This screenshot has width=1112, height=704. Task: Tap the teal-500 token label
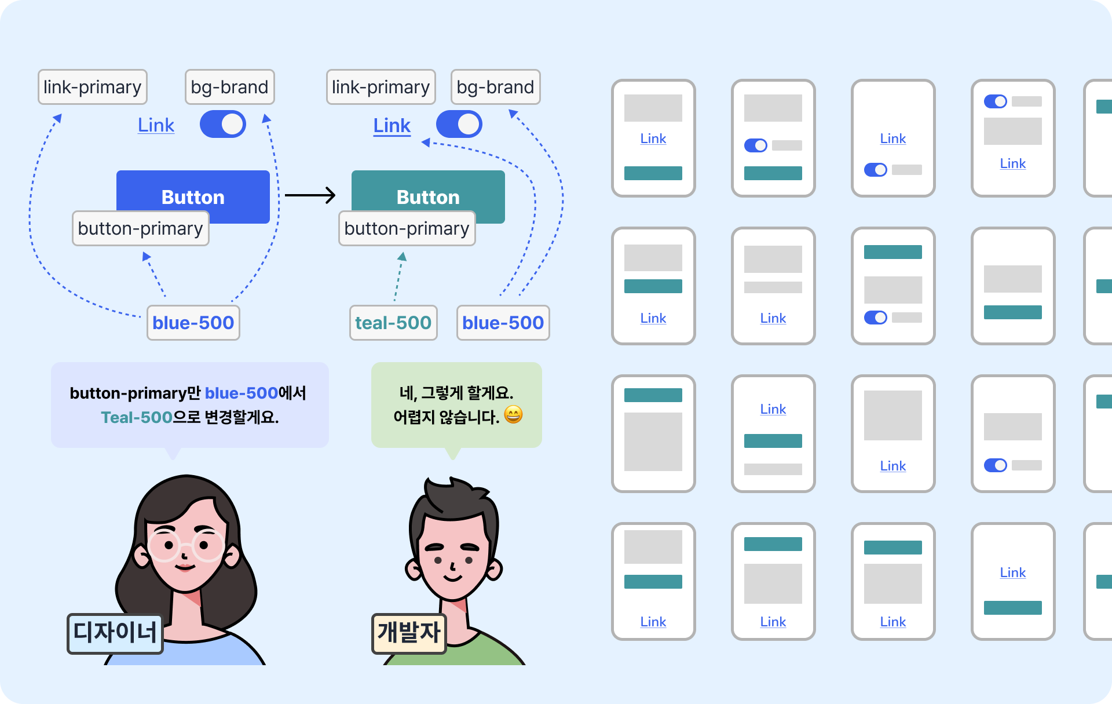point(393,323)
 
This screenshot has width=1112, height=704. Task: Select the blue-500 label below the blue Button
point(193,323)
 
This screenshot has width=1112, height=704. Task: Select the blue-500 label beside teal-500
point(503,323)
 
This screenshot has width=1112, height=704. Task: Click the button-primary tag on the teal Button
point(407,229)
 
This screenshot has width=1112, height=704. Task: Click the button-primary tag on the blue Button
point(140,229)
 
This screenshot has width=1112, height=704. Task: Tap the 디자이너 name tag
point(115,633)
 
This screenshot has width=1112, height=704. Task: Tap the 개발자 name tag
point(409,633)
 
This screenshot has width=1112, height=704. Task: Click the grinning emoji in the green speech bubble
point(513,415)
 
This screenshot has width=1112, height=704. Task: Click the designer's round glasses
point(185,546)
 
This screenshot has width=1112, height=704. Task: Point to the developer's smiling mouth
point(452,577)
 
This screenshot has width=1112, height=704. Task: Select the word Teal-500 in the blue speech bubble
point(137,417)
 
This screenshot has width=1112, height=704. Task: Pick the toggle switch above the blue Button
point(223,125)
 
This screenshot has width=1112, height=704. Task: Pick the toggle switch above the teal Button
point(459,125)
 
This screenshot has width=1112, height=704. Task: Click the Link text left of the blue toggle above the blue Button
point(156,125)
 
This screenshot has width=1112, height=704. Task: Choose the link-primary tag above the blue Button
point(93,87)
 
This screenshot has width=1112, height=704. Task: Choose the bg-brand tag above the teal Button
point(495,87)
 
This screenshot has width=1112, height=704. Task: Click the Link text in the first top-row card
point(653,138)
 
